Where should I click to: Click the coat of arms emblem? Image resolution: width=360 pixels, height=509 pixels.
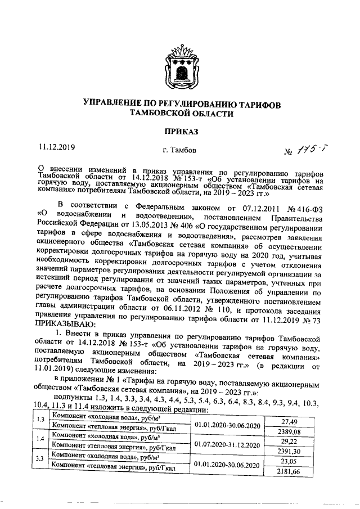click(181, 66)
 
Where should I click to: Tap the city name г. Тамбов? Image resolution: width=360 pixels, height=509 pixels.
click(179, 150)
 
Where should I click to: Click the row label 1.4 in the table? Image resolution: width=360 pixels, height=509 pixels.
click(40, 439)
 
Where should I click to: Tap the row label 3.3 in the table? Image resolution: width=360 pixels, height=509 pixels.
click(40, 459)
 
